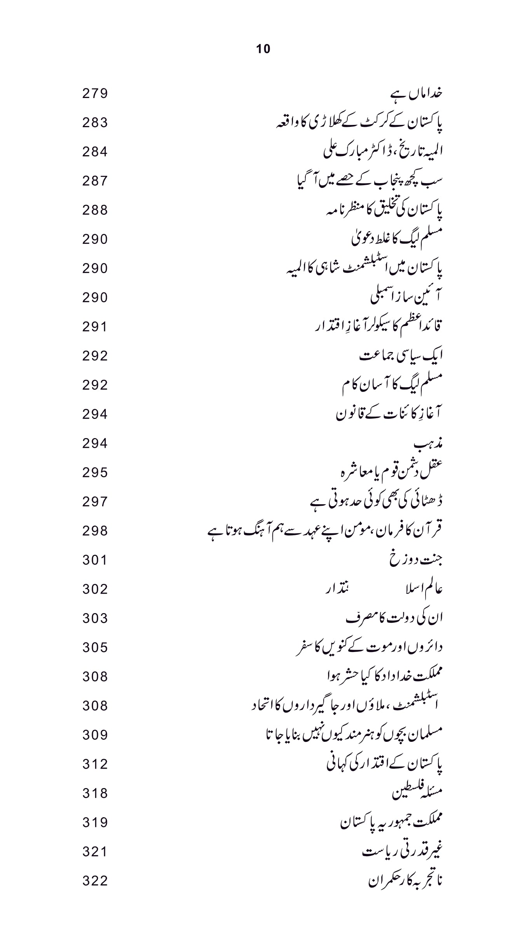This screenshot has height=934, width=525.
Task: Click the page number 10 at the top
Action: click(263, 49)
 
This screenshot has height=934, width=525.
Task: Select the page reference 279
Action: click(95, 94)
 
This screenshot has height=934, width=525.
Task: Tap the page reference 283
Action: click(95, 123)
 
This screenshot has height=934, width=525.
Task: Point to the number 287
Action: click(95, 181)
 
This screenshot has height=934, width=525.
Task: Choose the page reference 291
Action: click(95, 327)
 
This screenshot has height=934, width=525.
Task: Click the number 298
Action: click(95, 531)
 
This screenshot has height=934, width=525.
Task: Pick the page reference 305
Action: click(95, 648)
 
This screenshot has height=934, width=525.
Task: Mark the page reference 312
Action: click(95, 764)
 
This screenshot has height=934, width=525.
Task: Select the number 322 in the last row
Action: click(95, 881)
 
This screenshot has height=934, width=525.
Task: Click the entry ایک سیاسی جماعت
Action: click(401, 356)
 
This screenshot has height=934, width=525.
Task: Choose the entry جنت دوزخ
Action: click(416, 560)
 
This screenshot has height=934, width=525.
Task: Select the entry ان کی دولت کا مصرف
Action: click(394, 618)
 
